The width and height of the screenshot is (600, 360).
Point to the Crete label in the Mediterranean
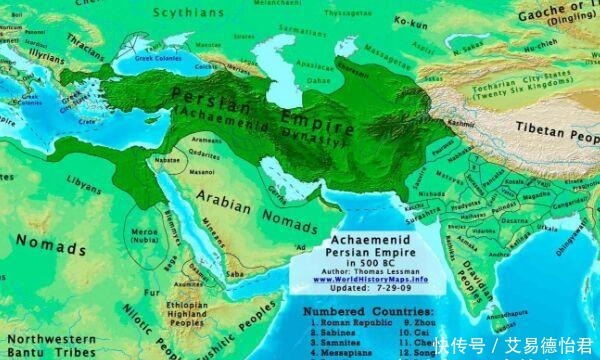pos(89,121)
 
